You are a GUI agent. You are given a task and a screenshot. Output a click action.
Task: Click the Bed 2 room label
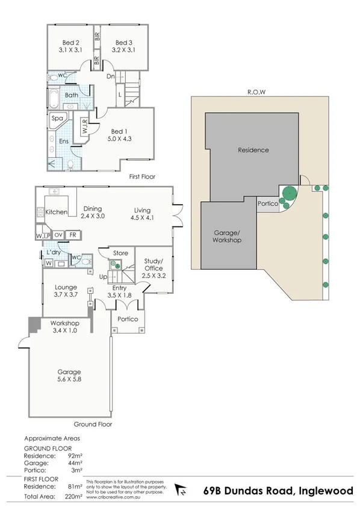[x=70, y=43]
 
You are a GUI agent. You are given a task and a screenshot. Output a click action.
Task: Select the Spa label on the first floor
[x=58, y=119]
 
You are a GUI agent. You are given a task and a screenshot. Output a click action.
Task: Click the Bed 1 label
[x=119, y=131]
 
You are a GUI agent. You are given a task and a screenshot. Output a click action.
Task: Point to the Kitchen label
[x=57, y=212]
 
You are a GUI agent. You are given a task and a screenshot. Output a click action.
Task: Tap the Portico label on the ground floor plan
[x=128, y=319]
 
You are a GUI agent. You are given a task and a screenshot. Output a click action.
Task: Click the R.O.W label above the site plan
[x=256, y=92]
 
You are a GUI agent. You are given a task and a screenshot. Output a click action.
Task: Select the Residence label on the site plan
[x=253, y=150]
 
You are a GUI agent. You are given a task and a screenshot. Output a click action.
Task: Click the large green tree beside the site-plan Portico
[x=290, y=194]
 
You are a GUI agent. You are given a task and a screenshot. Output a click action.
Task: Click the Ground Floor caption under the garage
[x=93, y=423]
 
